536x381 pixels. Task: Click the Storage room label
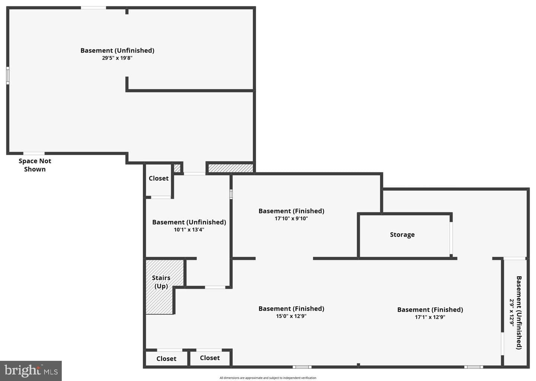pos(402,235)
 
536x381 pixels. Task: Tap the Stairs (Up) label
pos(161,282)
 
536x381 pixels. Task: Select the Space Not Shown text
pos(35,165)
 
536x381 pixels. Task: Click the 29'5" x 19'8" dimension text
pos(117,58)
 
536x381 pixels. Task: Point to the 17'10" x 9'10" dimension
pos(291,218)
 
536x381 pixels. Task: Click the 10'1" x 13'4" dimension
pos(189,230)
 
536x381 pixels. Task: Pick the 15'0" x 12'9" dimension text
pos(291,316)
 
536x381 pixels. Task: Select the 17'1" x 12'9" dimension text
pos(430,317)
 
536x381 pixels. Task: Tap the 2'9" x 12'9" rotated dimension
pos(512,312)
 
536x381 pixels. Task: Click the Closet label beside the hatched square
pos(159,178)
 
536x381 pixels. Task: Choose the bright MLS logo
pos(31,371)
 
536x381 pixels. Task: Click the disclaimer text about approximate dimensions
pos(268,378)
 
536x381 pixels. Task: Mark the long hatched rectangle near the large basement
pos(231,168)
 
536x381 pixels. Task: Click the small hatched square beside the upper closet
pos(177,168)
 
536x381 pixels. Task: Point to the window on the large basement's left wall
pos(8,76)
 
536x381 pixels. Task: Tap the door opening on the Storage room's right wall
pos(451,238)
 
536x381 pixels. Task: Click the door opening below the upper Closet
pos(161,197)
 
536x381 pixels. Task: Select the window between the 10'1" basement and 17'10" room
pos(231,194)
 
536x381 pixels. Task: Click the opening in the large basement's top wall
pos(93,8)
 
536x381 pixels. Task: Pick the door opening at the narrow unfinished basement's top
pos(514,258)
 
